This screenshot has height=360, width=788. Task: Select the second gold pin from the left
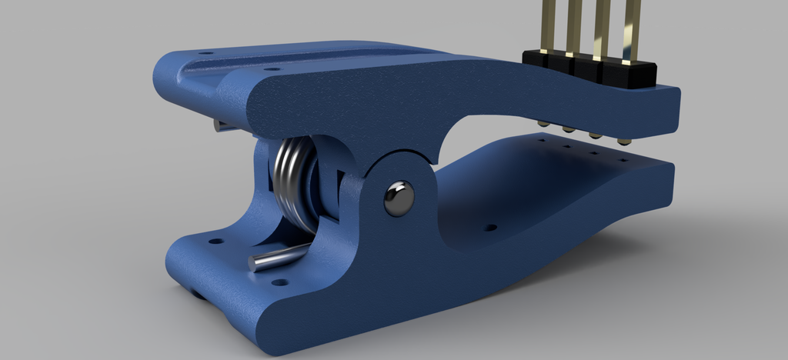point(574,23)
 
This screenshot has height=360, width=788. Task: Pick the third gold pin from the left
point(602,25)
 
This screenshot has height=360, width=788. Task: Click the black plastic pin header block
point(589,68)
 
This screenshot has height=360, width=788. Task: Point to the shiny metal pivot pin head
point(399,198)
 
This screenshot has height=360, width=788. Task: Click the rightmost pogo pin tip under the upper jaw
point(624,142)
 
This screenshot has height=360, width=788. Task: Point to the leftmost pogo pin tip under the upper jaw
point(543,124)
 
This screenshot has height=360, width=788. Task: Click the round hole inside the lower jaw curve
point(489,228)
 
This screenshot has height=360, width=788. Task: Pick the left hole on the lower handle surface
point(216,241)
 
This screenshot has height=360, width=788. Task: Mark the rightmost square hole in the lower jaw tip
point(622,161)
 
